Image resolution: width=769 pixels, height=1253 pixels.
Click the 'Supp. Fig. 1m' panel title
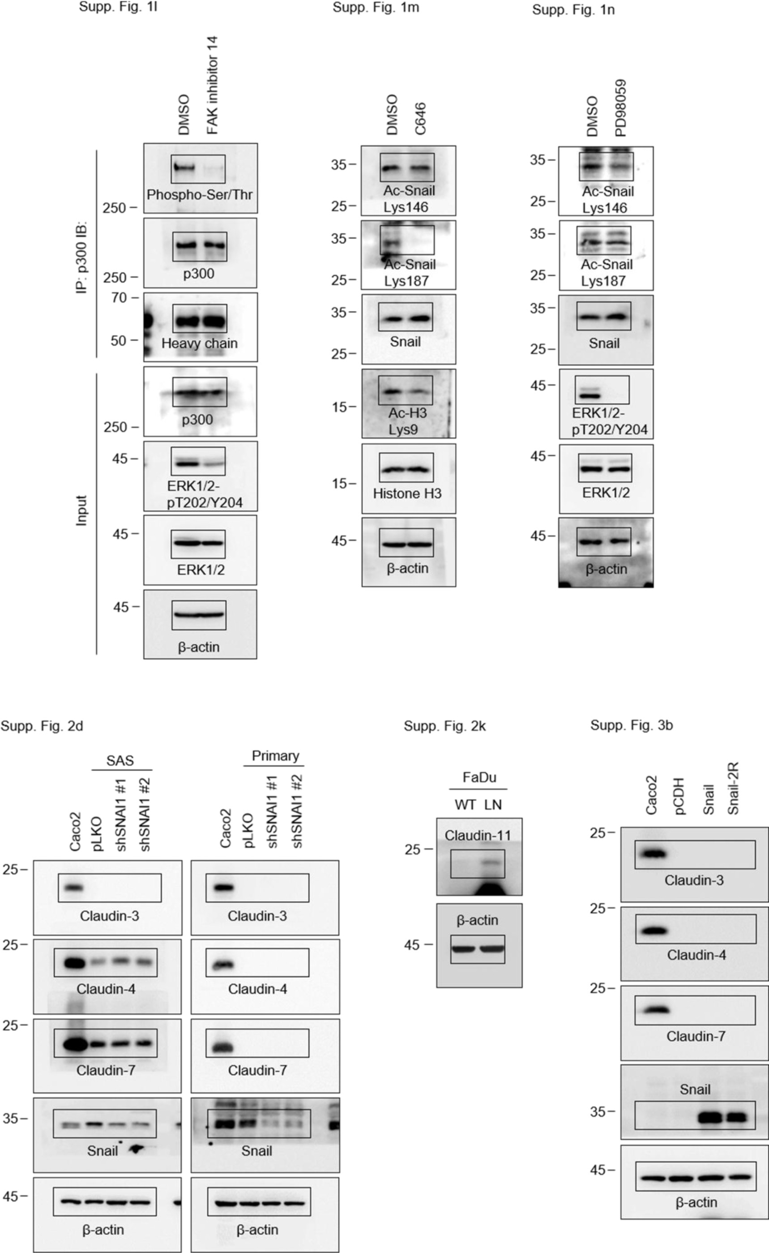point(376,8)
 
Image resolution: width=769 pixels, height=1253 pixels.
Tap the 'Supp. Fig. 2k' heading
point(444,726)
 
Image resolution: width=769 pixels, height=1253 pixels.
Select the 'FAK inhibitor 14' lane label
point(213,85)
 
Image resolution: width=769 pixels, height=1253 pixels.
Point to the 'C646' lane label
point(420,119)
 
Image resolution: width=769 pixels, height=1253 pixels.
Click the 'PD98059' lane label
point(620,108)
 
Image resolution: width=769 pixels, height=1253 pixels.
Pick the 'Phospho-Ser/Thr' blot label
point(199,195)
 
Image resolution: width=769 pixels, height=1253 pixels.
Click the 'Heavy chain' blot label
point(199,343)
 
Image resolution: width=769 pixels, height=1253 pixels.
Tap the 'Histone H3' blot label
point(407,493)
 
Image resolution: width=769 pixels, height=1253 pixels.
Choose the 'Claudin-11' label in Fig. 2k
point(478,835)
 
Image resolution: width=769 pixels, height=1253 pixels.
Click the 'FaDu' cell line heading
point(479,777)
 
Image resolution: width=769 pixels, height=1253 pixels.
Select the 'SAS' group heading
point(120,760)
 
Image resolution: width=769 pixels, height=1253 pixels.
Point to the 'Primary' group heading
point(275,755)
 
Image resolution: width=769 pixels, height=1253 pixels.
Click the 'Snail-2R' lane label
point(733,788)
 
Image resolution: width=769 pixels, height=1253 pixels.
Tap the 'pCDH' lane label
point(680,796)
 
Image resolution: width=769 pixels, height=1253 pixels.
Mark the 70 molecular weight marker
point(119,298)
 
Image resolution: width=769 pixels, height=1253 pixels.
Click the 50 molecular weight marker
point(119,340)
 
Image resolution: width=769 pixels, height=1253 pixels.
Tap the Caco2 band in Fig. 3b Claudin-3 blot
point(653,854)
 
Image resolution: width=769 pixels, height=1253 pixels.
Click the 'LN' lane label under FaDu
point(493,805)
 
